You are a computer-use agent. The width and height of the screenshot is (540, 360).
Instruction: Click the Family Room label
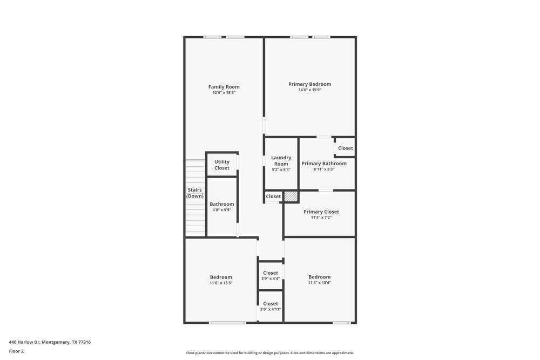[224, 87]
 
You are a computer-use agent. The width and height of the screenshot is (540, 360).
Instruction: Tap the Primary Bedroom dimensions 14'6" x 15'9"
[310, 90]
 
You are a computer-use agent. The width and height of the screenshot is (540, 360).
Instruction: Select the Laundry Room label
[281, 161]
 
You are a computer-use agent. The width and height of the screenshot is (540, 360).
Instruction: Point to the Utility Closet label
[222, 165]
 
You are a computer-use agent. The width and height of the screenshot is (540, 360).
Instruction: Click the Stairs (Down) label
[195, 193]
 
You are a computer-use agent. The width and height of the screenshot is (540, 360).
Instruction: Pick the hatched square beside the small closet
[291, 196]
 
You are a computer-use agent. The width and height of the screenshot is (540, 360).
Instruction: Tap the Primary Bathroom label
[324, 164]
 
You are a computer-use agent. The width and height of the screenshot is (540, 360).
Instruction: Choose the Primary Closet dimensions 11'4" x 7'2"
[321, 218]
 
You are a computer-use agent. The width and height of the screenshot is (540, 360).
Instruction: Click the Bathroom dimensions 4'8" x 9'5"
[222, 210]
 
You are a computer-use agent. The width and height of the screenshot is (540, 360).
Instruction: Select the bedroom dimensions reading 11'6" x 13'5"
[221, 283]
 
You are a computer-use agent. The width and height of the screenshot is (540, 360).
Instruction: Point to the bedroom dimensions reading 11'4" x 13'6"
[320, 283]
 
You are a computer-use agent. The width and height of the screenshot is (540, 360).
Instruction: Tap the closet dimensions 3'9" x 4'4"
[271, 279]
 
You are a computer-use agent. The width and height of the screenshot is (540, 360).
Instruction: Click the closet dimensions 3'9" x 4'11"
[271, 309]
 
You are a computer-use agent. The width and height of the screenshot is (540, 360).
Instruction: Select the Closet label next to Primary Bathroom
[346, 148]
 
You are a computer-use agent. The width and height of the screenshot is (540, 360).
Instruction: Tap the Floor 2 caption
[16, 351]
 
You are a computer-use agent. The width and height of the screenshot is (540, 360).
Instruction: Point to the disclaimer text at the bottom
[270, 353]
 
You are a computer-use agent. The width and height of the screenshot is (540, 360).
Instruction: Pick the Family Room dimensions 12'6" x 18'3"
[224, 93]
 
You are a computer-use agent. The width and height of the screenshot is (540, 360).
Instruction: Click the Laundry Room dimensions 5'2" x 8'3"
[281, 169]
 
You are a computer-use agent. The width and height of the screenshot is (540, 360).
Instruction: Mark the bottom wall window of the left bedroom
[227, 323]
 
